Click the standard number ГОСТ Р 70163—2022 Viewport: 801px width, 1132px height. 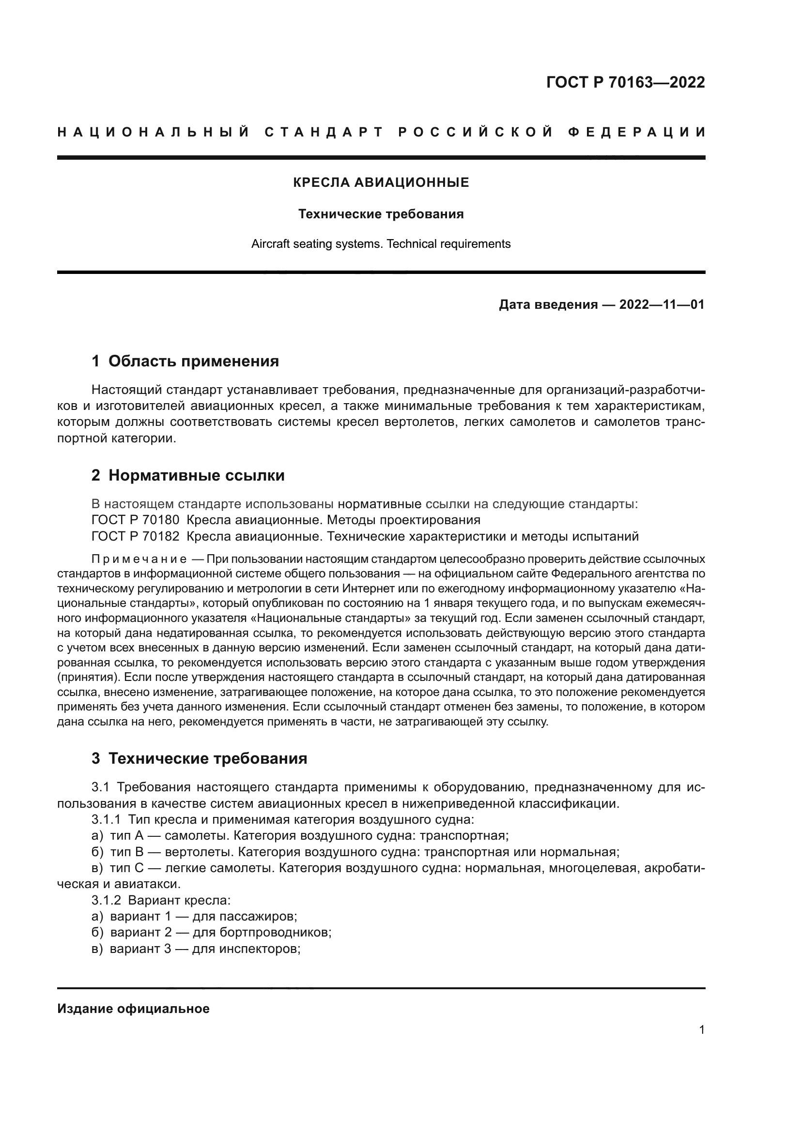[625, 82]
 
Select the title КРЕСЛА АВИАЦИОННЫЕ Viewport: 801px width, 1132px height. [381, 183]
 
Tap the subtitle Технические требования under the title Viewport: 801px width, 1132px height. [381, 214]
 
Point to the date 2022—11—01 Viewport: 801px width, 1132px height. [662, 305]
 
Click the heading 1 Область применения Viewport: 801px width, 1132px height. [185, 362]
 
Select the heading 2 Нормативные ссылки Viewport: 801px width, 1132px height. [188, 476]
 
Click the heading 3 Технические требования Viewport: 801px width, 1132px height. [199, 759]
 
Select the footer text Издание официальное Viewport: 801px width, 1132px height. [133, 1009]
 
